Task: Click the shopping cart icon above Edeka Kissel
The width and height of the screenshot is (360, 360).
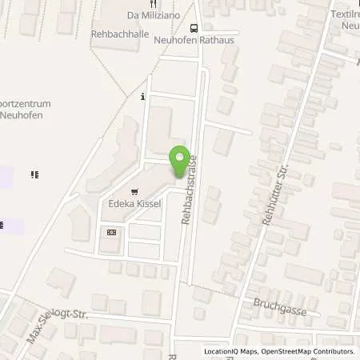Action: coord(134,192)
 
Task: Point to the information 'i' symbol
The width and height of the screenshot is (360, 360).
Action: coord(142,97)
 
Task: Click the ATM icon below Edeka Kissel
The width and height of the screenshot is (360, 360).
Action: coord(110,232)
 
